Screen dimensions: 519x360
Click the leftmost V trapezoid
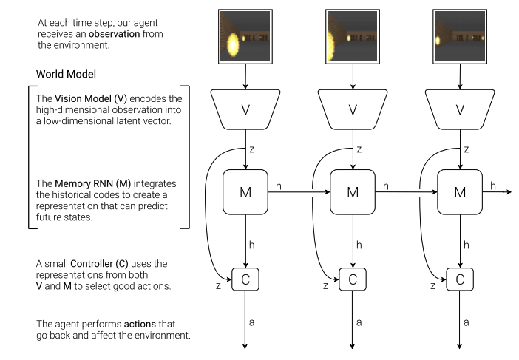coord(245,109)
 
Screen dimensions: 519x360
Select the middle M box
coord(353,192)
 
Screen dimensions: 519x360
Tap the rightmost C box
coord(460,279)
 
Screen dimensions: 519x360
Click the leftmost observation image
coord(245,36)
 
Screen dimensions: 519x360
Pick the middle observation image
coord(353,36)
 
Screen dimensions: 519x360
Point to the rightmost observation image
coord(460,36)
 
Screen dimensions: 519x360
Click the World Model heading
coord(67,74)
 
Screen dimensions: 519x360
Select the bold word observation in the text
coord(114,34)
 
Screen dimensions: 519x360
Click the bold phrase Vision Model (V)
coord(91,98)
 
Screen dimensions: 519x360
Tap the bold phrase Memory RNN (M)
coord(92,183)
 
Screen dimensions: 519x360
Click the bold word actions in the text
coord(140,324)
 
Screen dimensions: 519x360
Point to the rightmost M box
coord(460,192)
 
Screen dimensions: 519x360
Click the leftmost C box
coord(245,279)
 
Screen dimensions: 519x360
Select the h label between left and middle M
coord(279,186)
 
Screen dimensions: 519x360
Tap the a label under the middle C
coord(359,322)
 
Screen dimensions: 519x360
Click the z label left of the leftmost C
coord(218,285)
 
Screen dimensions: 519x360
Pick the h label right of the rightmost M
coord(493,186)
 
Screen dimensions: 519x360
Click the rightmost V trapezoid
coord(460,109)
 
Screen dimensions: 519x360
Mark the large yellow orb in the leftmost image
coord(233,44)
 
